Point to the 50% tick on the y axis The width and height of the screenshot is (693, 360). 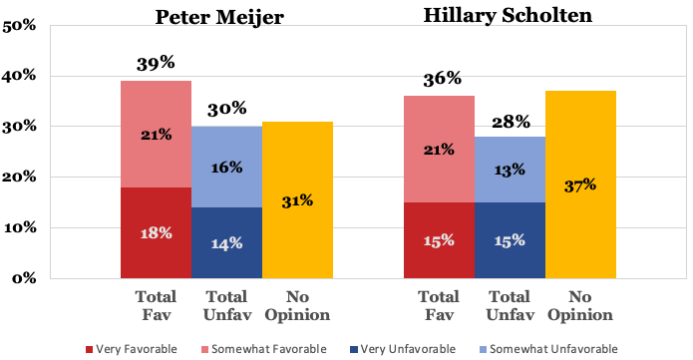click(20, 26)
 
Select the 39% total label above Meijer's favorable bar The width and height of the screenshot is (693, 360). click(156, 64)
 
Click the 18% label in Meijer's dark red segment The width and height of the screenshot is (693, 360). click(156, 232)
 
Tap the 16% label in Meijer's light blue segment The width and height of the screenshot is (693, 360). click(226, 167)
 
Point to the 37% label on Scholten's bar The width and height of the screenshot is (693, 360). click(580, 184)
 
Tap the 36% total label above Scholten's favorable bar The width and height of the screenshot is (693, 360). click(439, 79)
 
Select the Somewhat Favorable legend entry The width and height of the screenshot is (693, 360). click(259, 348)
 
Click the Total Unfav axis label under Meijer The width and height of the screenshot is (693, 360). click(226, 304)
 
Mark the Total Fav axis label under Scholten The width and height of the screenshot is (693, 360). click(439, 304)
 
